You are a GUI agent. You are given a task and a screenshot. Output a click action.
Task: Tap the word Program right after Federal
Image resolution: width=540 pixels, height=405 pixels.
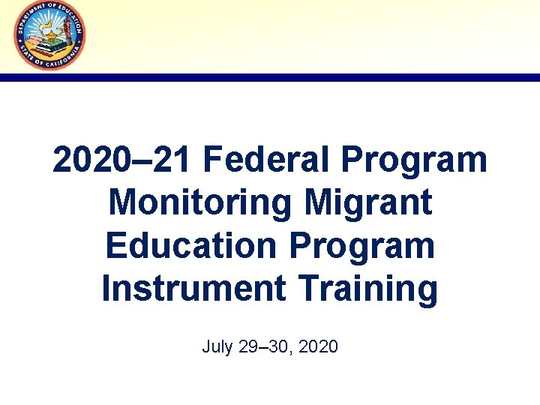[x=412, y=160]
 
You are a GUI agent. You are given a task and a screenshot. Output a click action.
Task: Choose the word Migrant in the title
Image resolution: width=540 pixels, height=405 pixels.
[x=370, y=203]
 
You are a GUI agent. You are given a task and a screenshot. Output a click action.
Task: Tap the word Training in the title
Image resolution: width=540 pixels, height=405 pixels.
[x=362, y=289]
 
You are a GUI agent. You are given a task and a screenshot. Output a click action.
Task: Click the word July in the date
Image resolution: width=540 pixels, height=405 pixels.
[x=217, y=347]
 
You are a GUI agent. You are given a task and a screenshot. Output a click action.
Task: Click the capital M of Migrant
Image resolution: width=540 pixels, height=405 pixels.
[x=319, y=203]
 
